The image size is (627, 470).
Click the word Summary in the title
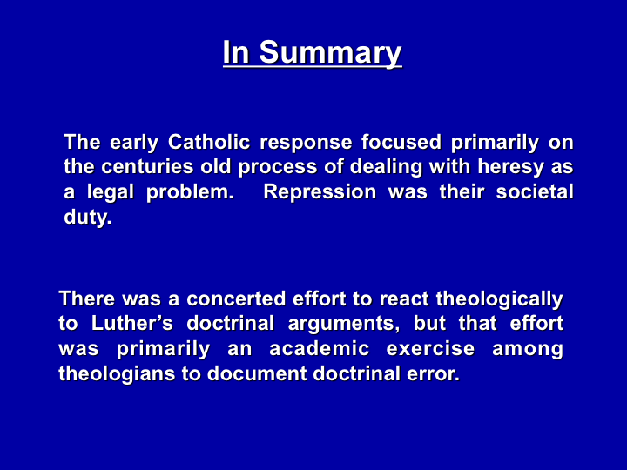click(x=330, y=53)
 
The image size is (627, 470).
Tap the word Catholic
click(x=209, y=142)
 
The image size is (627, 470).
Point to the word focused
click(x=401, y=142)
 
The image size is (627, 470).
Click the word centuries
click(x=147, y=166)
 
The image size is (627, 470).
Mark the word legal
click(x=111, y=193)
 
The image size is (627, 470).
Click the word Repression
click(x=320, y=193)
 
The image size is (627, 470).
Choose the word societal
click(x=535, y=191)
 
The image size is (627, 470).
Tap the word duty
click(x=88, y=218)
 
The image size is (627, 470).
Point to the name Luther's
click(x=132, y=323)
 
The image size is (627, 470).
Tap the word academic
click(x=319, y=348)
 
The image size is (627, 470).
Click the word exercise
click(x=431, y=348)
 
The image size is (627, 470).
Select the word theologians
click(x=117, y=374)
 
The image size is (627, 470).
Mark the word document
click(x=257, y=373)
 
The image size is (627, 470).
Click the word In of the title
click(x=236, y=53)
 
